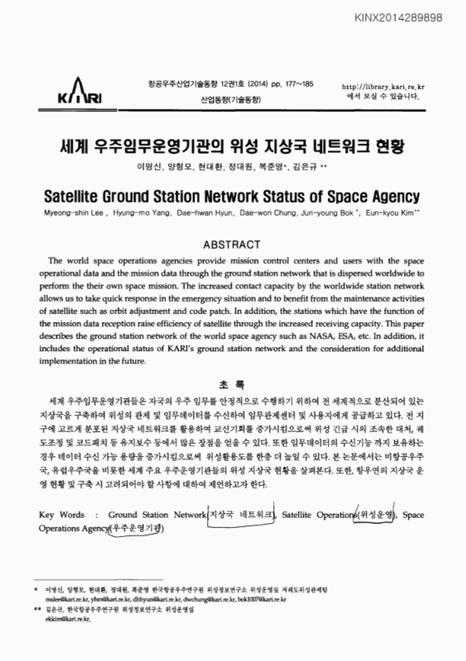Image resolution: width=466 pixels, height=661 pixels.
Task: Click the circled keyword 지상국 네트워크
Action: [x=242, y=515]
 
